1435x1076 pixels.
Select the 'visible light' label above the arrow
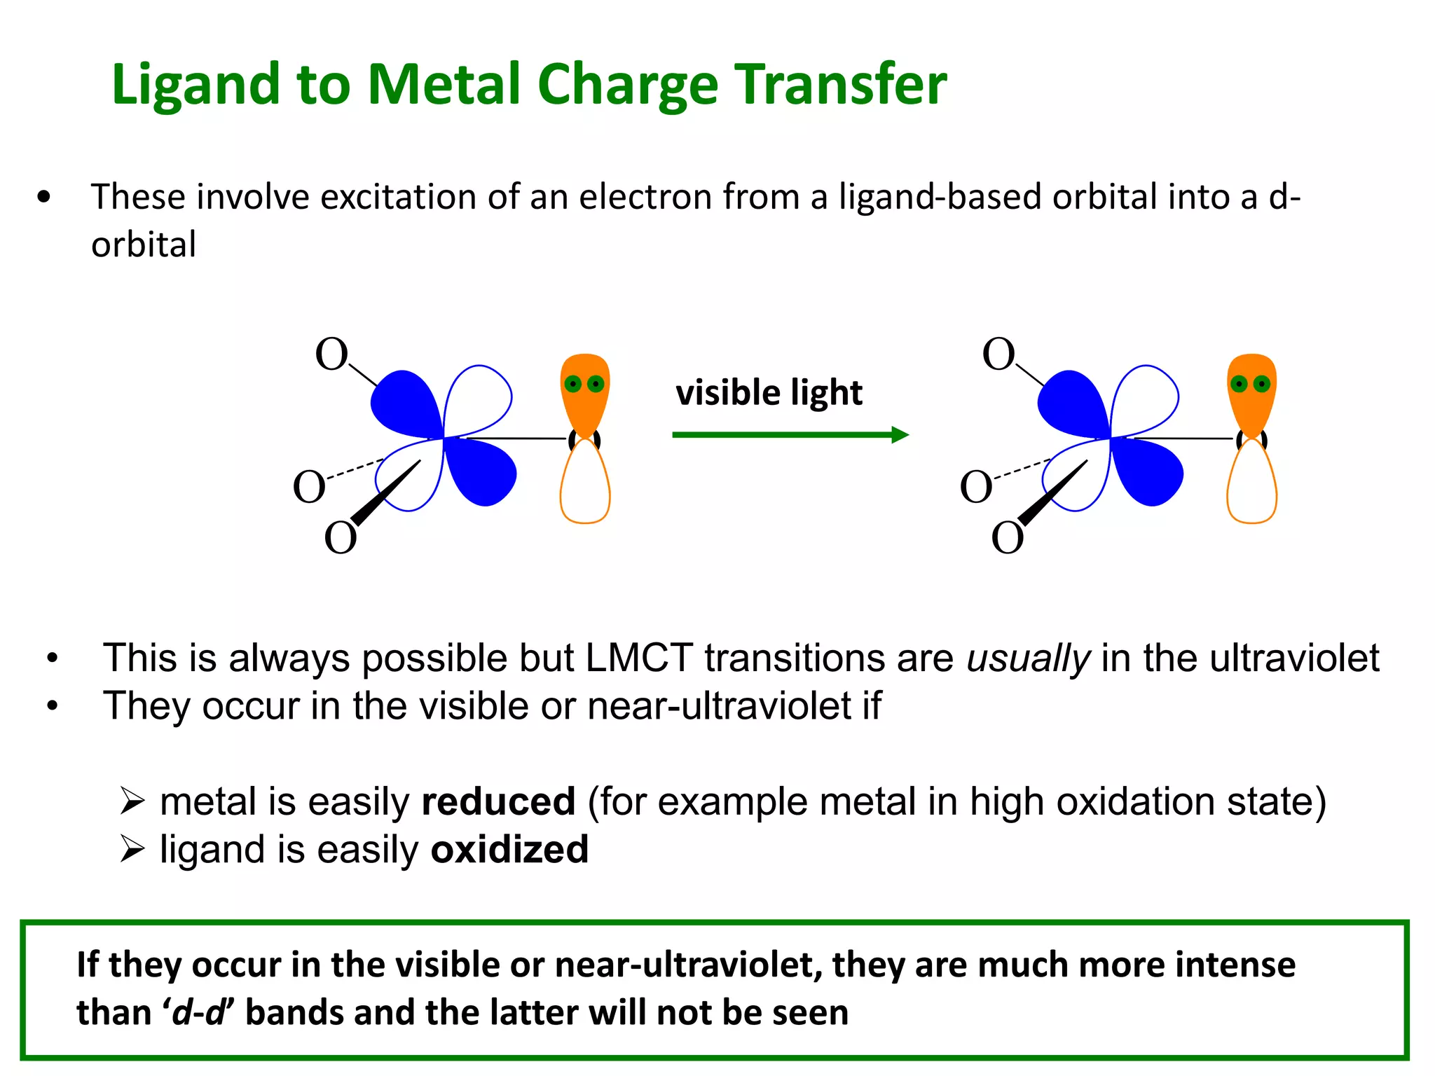coord(769,392)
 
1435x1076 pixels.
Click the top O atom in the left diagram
coord(331,354)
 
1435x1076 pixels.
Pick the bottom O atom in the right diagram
coord(1007,539)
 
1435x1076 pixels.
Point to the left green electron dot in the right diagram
coord(1239,384)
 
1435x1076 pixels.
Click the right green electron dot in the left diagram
coord(596,384)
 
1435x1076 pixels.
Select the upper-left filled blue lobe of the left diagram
coord(405,403)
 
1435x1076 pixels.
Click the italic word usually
coord(1028,658)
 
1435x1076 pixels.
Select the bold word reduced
coord(498,801)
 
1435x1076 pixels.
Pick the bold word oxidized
coord(509,850)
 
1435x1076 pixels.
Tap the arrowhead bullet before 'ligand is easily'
coord(132,850)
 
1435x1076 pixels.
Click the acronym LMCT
coord(639,658)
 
